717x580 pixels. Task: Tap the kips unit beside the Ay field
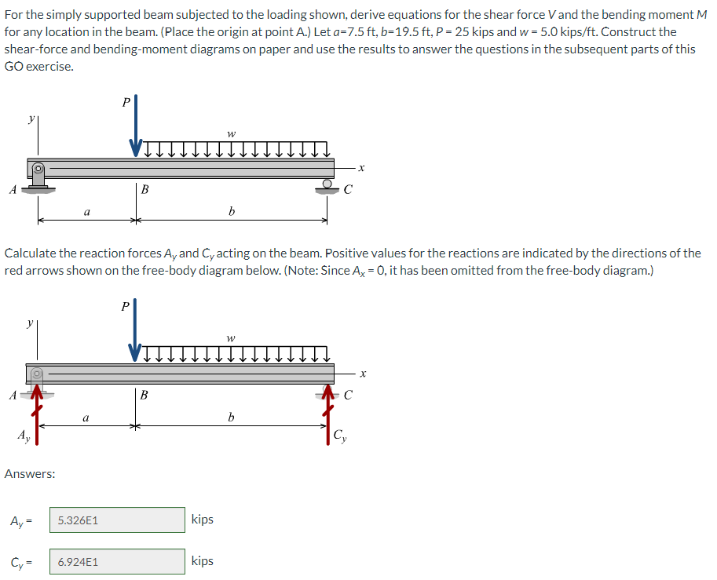pos(202,520)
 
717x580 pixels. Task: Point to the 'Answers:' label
pos(30,474)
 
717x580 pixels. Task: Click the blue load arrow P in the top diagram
pos(135,126)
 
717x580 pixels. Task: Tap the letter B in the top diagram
pos(144,189)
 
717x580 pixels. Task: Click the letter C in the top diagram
pos(348,189)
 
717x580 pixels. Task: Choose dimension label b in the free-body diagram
pos(231,417)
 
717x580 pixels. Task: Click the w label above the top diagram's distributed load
pos(231,134)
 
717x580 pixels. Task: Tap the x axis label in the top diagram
pos(362,167)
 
